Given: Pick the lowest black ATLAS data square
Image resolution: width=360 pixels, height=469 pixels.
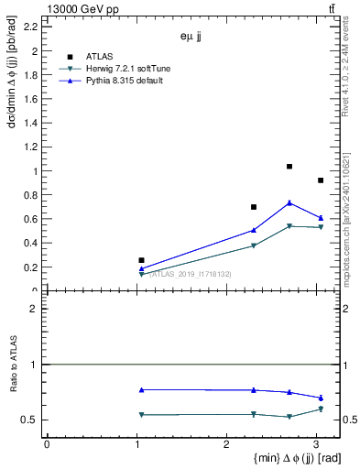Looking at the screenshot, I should pyautogui.click(x=141, y=260).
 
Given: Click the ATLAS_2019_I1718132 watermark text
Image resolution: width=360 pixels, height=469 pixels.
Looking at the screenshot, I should pyautogui.click(x=191, y=274).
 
